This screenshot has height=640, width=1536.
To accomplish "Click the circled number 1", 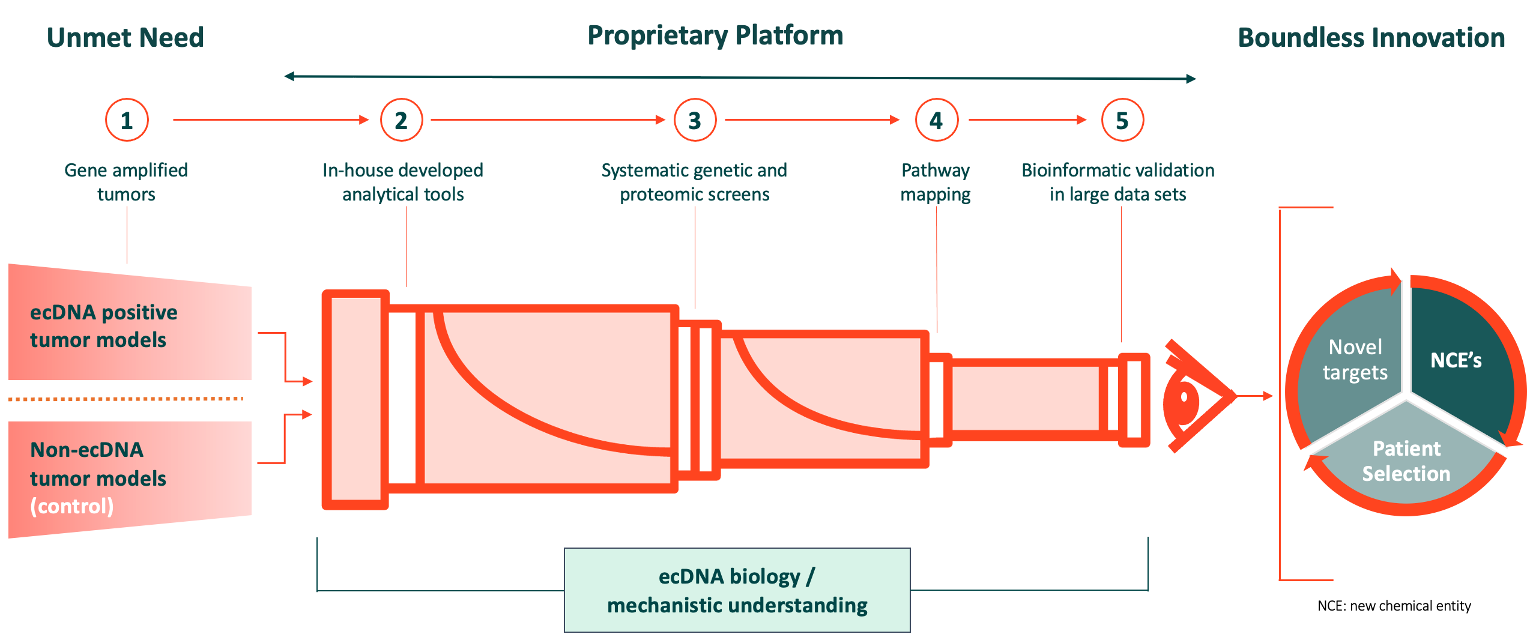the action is (x=127, y=120).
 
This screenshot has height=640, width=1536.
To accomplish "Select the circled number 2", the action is (x=401, y=120).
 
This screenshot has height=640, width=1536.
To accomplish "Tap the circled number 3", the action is (x=695, y=120).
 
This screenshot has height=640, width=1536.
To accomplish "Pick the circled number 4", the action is (x=936, y=120).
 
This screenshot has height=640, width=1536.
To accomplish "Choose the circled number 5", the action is (x=1122, y=120).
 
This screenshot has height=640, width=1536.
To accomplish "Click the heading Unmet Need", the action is (x=125, y=37).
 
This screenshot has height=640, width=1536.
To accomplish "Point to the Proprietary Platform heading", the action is (x=715, y=36).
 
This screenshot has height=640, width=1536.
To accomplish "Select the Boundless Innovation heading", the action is (x=1371, y=37).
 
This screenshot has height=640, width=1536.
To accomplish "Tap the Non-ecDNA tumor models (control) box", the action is (x=130, y=478).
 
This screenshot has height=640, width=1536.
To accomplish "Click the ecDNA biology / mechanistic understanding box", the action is (x=737, y=590).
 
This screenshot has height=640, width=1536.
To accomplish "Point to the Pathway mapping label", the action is (x=936, y=182).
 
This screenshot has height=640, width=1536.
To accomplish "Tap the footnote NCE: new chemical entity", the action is (x=1394, y=606).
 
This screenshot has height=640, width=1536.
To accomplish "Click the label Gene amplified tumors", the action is (x=126, y=182).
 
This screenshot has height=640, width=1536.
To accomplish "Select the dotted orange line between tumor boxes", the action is (x=126, y=399).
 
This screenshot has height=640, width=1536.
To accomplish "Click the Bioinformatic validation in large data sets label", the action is (x=1118, y=182).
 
